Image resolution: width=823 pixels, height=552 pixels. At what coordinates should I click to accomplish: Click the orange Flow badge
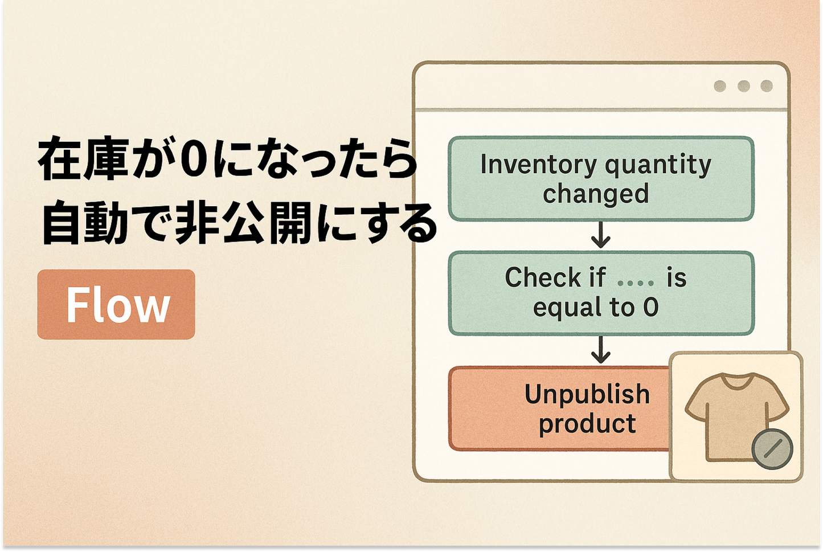(x=116, y=305)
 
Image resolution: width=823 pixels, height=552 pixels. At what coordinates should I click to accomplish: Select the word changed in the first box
(x=596, y=194)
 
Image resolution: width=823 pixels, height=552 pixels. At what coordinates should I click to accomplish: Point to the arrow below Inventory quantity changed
(x=601, y=235)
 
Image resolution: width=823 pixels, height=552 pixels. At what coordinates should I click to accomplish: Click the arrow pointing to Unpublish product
(x=601, y=350)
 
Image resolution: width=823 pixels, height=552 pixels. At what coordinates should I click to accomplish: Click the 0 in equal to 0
(x=650, y=308)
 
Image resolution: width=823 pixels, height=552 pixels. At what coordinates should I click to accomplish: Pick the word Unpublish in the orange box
(x=587, y=394)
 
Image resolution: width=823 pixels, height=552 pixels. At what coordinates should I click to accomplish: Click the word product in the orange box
(x=587, y=424)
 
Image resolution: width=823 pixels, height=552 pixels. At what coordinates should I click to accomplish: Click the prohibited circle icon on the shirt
(x=772, y=449)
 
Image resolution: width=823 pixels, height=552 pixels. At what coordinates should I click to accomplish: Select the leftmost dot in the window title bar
(x=720, y=86)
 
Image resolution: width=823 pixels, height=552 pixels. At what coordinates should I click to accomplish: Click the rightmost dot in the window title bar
(x=767, y=86)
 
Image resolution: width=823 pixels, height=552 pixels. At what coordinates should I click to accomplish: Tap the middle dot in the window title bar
(x=743, y=86)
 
